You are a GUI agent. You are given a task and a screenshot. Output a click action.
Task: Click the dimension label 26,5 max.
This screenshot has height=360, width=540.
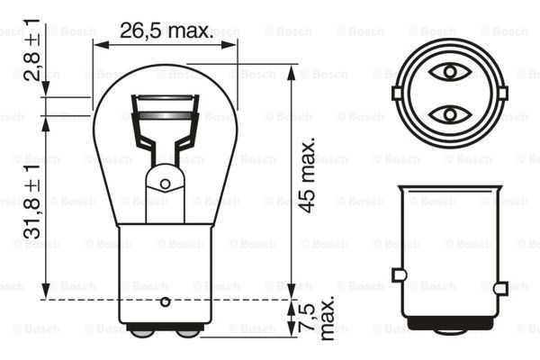(x=166, y=31)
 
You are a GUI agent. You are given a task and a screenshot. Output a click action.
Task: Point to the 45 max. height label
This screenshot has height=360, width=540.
(x=309, y=175)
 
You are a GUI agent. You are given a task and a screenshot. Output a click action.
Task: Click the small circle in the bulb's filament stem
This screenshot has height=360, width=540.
(x=165, y=184)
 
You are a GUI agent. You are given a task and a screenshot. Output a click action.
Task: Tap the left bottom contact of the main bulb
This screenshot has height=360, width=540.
(x=142, y=331)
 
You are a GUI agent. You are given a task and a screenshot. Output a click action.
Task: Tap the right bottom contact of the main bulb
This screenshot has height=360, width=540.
(x=187, y=331)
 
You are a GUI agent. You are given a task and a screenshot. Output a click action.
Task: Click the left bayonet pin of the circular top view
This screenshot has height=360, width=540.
(x=397, y=93)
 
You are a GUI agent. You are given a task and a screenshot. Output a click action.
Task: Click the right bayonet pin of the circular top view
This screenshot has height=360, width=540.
(x=502, y=93)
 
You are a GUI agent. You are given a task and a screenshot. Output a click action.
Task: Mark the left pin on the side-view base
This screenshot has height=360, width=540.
(x=396, y=274)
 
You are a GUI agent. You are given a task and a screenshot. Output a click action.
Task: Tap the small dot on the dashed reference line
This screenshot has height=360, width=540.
(x=165, y=299)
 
